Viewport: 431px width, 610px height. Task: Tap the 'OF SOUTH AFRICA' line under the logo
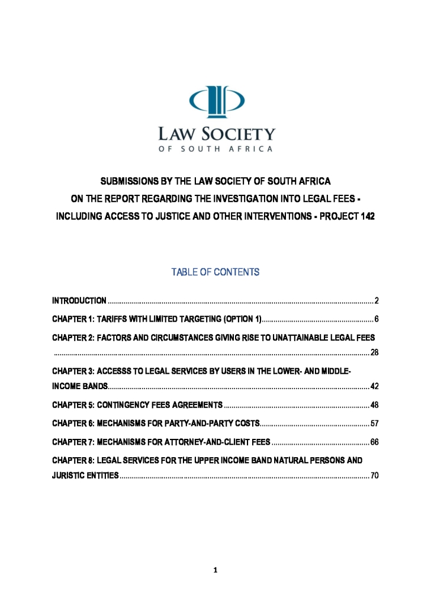click(x=215, y=149)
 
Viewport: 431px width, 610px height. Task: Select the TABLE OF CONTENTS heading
click(x=215, y=272)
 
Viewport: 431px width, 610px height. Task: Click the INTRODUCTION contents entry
click(x=79, y=302)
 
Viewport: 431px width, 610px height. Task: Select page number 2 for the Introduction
click(x=377, y=302)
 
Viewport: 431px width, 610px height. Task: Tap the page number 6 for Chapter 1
click(x=377, y=320)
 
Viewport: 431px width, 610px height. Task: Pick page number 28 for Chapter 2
click(x=374, y=354)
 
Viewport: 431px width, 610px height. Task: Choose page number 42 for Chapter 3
click(x=374, y=387)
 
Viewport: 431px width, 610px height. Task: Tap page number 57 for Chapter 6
click(x=374, y=423)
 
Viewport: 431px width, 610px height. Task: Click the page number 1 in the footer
click(x=215, y=570)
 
